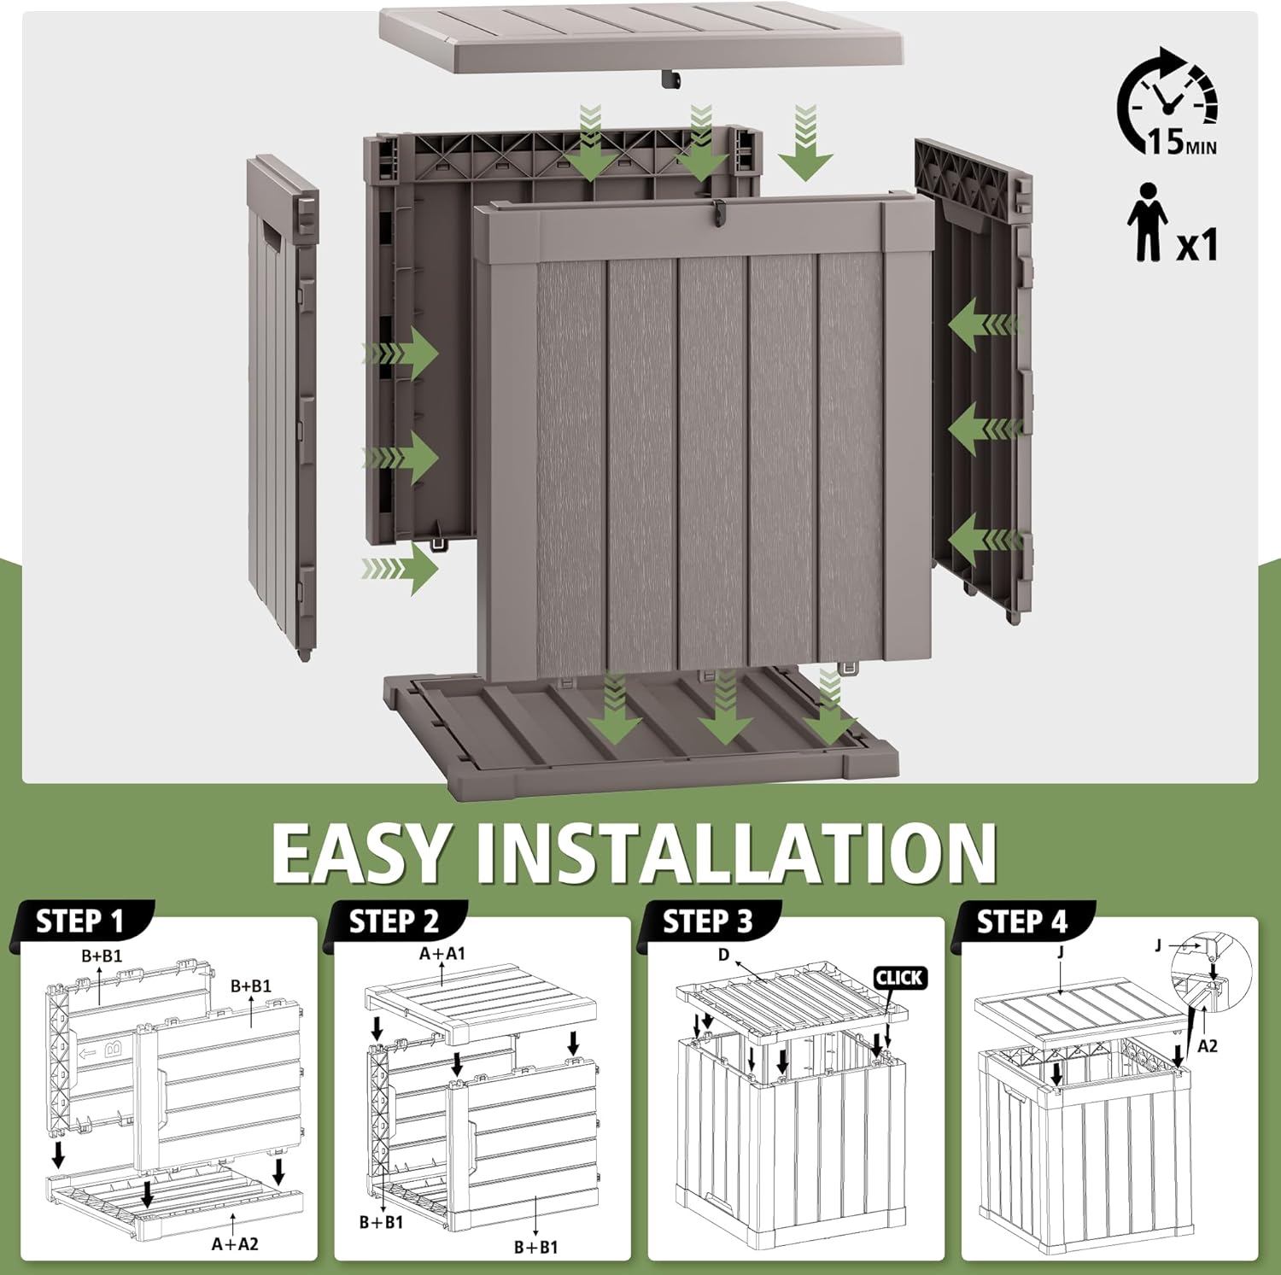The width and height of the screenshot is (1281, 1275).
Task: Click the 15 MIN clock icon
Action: tap(1167, 102)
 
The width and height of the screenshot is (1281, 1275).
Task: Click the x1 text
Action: tap(1197, 245)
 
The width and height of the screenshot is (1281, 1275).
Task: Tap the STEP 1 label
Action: tap(80, 922)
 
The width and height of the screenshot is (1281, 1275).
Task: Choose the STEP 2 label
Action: tap(394, 922)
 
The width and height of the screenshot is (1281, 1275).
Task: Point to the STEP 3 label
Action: tap(708, 922)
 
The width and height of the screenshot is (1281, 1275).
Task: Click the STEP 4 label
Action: tap(1021, 922)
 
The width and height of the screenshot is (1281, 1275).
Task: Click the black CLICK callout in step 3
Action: tap(898, 978)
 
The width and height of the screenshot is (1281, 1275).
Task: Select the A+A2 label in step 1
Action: tap(235, 1244)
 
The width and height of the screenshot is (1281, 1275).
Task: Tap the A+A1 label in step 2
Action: tap(442, 953)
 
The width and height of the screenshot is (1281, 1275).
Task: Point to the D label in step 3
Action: tap(724, 954)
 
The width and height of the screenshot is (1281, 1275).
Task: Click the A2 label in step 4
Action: tap(1207, 1045)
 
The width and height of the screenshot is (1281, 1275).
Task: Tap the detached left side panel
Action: tap(282, 401)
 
